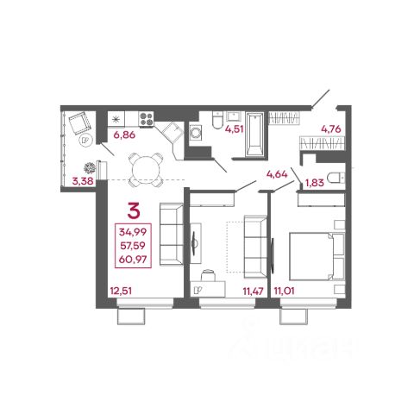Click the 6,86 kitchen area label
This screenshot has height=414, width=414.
(124, 135)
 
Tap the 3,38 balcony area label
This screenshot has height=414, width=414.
(83, 181)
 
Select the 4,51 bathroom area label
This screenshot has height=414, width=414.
(235, 129)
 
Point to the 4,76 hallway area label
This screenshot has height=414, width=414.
(331, 129)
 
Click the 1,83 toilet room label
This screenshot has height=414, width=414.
(315, 183)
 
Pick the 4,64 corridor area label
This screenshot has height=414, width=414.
(277, 174)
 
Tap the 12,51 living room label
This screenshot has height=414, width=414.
(121, 291)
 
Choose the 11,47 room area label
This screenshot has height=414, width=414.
(253, 291)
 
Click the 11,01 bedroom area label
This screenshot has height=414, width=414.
(284, 291)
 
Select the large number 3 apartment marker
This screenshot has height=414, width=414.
(134, 210)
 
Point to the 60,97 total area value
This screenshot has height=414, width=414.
(133, 260)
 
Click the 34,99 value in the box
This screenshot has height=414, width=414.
(133, 232)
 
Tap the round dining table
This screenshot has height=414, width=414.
(146, 170)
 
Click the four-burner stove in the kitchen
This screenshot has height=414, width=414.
(147, 119)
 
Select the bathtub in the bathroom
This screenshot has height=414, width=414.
(254, 135)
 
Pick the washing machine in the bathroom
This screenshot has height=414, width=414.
(196, 133)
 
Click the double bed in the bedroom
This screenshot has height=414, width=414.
(317, 256)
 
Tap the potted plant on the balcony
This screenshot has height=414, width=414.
(90, 167)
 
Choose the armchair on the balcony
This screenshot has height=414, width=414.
(79, 123)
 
